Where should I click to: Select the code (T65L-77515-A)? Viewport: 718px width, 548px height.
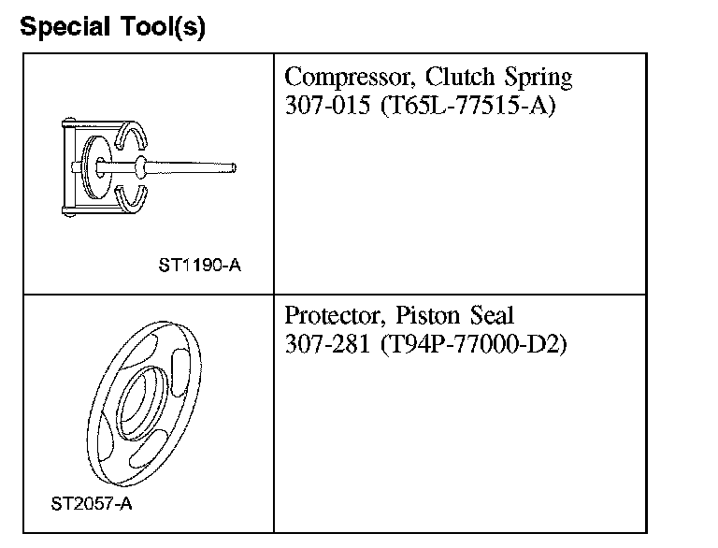(x=468, y=107)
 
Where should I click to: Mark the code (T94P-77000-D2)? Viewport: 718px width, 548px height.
(x=474, y=345)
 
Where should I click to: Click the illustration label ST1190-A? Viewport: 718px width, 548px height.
(x=199, y=265)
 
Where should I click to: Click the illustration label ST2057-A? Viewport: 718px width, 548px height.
(x=92, y=504)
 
